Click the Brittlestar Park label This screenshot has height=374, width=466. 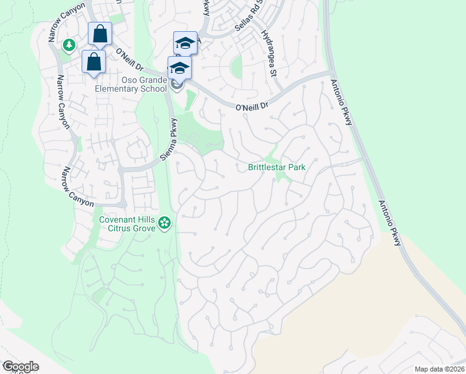point(277,168)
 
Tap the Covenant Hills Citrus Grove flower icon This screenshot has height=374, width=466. point(164,223)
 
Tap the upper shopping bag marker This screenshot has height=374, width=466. point(100,34)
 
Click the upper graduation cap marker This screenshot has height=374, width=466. point(185,43)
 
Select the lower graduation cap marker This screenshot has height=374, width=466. point(179,68)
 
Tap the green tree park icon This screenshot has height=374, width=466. point(69,45)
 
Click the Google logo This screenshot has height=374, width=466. point(20,367)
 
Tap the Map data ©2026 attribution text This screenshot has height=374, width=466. point(439,368)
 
